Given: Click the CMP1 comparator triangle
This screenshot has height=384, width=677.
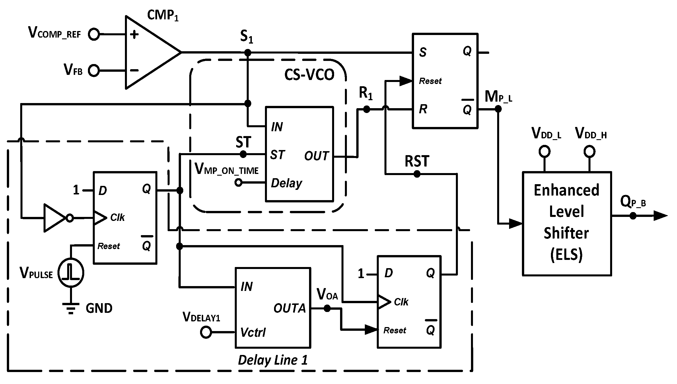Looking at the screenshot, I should pos(148,53).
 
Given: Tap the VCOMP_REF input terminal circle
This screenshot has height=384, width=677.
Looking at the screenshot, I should pos(94,34).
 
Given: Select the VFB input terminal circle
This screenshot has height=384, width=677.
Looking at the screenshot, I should pos(94,71).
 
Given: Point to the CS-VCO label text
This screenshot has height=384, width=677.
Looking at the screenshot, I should pos(309,75).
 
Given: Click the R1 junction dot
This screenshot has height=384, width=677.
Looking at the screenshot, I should pos(367,109).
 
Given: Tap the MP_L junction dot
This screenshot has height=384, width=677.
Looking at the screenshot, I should pos(498,109).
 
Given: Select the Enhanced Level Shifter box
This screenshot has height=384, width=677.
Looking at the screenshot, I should pos(567,223).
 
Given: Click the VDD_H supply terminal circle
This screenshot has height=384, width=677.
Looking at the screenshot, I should pos(589,151).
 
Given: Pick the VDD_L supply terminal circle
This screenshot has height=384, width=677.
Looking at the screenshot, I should pos(544,151).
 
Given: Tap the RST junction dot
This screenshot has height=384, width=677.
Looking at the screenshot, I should pos(417,174).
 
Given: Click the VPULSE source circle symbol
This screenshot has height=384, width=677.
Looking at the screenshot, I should pos(71,273).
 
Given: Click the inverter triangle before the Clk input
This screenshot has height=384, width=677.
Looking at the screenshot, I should pos(54,218).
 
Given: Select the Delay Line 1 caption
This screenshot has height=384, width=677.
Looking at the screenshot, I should pos(273,360).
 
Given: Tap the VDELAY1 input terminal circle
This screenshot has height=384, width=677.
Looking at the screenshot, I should pos(206,332).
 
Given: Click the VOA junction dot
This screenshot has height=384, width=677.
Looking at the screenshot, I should pos(327,308).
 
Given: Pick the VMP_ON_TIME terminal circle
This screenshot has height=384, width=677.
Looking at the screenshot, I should pos(238,182).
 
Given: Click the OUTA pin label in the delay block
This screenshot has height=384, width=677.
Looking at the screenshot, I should pos(289,308).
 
